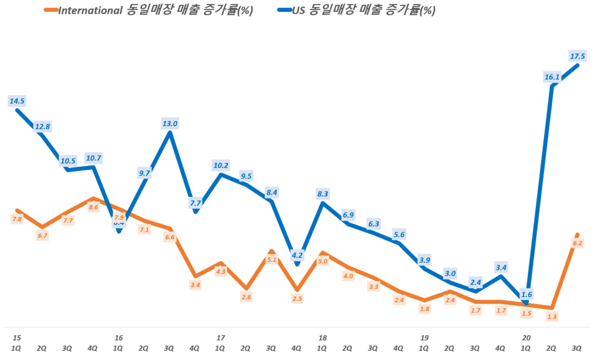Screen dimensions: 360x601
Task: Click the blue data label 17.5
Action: tap(578, 56)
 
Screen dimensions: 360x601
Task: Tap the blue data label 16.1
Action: tap(552, 77)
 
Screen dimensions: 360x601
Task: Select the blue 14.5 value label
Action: tap(17, 101)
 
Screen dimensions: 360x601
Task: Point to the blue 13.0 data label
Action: tap(170, 123)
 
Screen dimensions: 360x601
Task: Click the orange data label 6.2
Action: tap(578, 243)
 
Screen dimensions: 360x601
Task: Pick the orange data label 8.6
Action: tap(93, 207)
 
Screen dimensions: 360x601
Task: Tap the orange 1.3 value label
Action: tap(552, 317)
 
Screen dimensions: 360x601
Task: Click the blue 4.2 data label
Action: tap(298, 255)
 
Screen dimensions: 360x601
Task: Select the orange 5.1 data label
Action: tap(272, 260)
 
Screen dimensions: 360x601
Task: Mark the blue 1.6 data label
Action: tap(527, 295)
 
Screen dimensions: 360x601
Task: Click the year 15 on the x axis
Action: tap(16, 338)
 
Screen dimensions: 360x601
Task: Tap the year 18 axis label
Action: tap(322, 338)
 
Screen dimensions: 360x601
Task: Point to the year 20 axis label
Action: tap(526, 338)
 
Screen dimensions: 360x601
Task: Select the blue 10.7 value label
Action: tap(93, 158)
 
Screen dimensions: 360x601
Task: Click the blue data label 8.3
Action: tap(322, 194)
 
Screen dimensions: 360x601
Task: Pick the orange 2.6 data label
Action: tap(247, 297)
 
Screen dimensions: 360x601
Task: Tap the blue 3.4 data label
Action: tap(501, 268)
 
